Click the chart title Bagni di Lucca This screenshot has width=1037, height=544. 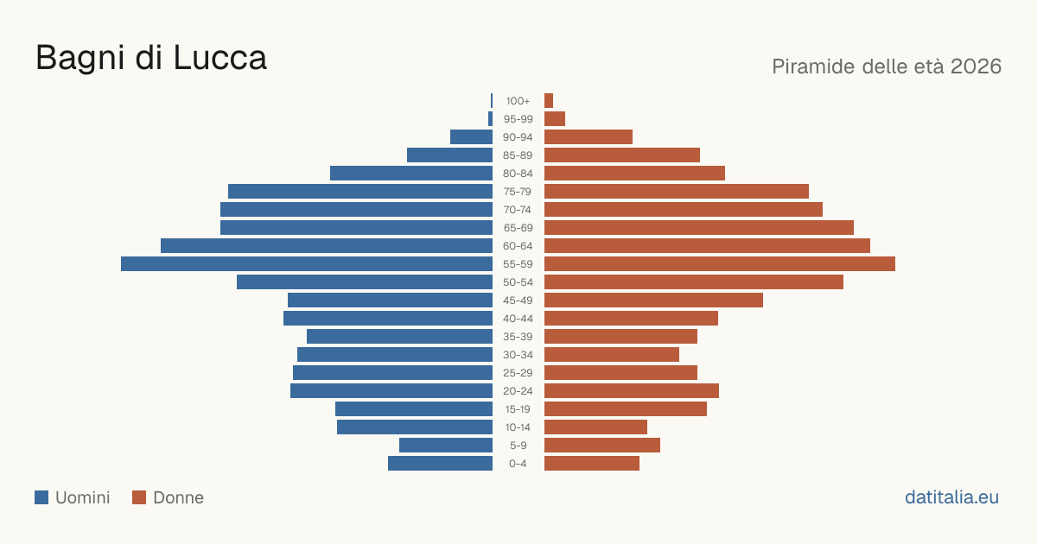(151, 58)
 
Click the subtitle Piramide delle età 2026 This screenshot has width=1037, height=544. (887, 66)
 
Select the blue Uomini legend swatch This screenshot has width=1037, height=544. (41, 497)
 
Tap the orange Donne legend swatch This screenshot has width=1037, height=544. (139, 497)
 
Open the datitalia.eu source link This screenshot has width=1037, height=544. (951, 497)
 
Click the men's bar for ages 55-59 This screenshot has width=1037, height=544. (307, 263)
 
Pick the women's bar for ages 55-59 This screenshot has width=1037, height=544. (720, 263)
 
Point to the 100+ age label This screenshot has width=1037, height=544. (518, 101)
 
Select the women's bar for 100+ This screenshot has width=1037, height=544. (549, 100)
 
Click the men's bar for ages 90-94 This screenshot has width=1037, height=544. (471, 137)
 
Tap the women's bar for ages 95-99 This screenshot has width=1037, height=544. (555, 119)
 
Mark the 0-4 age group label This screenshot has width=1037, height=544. (518, 464)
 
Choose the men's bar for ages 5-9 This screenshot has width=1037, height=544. (446, 445)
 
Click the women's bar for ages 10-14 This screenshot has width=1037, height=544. (595, 427)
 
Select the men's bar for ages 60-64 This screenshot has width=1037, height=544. (327, 245)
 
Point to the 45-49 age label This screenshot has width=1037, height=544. (518, 300)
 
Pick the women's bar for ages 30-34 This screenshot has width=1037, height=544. (612, 354)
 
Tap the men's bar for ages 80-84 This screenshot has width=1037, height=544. (411, 173)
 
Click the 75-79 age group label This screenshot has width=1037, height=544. (518, 192)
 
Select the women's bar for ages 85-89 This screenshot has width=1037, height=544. (622, 155)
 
